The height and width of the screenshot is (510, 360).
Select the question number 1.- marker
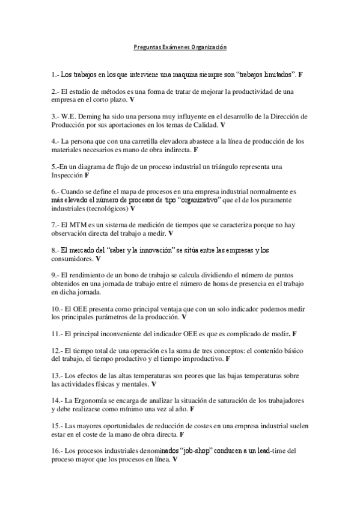point(56,74)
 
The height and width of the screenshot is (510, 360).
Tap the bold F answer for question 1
point(301,74)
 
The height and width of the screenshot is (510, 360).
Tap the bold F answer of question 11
point(294,333)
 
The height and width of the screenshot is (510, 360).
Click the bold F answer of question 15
point(182,434)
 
